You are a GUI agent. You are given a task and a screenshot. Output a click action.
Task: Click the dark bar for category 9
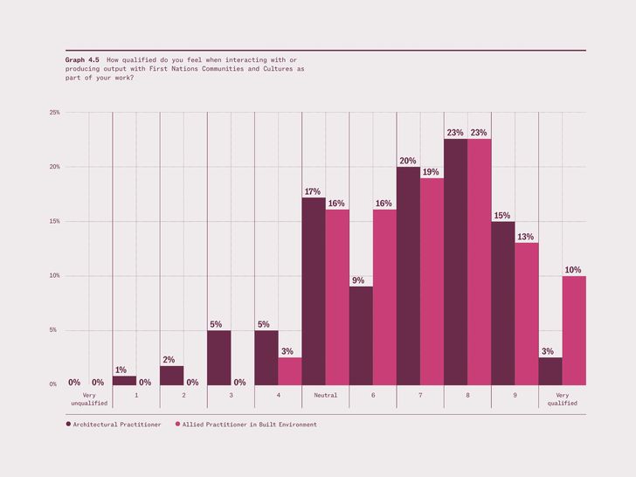click(x=503, y=303)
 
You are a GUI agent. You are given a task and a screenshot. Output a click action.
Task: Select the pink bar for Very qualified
click(x=574, y=330)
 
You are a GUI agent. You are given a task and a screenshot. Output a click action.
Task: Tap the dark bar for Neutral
click(x=314, y=291)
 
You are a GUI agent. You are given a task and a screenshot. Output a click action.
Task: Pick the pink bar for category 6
click(x=384, y=297)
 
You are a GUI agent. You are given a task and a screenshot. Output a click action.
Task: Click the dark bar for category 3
click(x=219, y=358)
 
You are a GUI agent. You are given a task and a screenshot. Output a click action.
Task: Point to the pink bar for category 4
click(x=290, y=371)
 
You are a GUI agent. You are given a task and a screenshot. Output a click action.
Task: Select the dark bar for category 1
click(x=125, y=381)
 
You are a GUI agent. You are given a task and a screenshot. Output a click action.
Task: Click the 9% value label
click(x=358, y=280)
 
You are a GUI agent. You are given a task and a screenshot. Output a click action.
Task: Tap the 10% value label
click(x=573, y=270)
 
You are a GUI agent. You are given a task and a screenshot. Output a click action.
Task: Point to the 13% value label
click(x=525, y=237)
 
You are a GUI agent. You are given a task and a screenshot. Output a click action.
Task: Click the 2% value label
click(x=169, y=359)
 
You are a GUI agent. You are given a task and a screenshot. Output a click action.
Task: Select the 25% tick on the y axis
click(x=55, y=113)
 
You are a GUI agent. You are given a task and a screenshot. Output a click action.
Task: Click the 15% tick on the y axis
click(x=55, y=221)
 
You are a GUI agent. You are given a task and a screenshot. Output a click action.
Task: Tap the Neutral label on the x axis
click(x=325, y=395)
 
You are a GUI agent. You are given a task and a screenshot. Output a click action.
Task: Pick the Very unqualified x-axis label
click(x=89, y=399)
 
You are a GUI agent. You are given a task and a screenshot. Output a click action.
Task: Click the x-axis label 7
click(x=420, y=395)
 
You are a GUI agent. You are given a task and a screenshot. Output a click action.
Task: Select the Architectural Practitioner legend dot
click(x=68, y=424)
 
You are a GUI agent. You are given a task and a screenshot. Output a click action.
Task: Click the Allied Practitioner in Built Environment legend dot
click(x=177, y=424)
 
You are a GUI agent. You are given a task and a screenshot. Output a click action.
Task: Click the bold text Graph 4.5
click(x=82, y=59)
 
